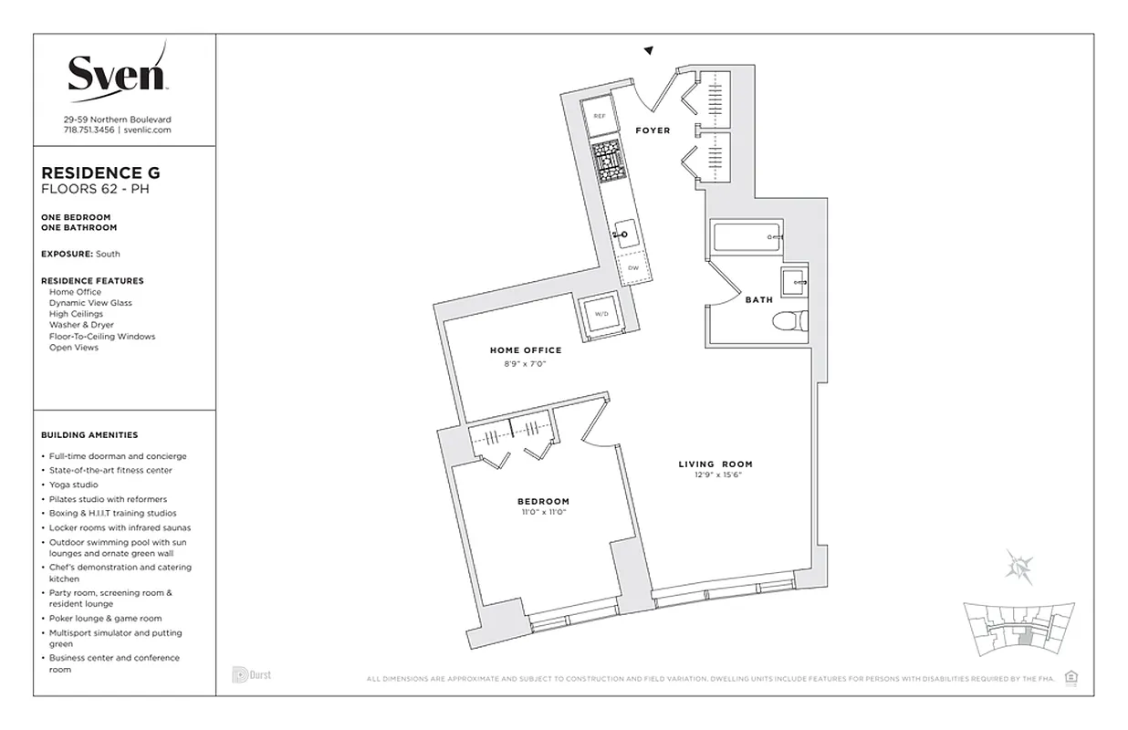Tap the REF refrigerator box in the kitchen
(600, 116)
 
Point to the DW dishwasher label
(632, 268)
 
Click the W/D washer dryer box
(601, 314)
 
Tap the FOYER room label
(653, 130)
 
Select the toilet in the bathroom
(787, 320)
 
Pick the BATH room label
(758, 299)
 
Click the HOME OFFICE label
(526, 350)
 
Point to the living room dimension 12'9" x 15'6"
(715, 474)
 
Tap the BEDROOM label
(543, 501)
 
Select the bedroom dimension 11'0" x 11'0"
(543, 512)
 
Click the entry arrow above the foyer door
(649, 51)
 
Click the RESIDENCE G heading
(101, 172)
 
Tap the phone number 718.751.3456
(89, 130)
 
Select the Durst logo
(251, 675)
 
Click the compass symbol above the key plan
(1018, 566)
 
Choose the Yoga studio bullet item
(73, 485)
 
